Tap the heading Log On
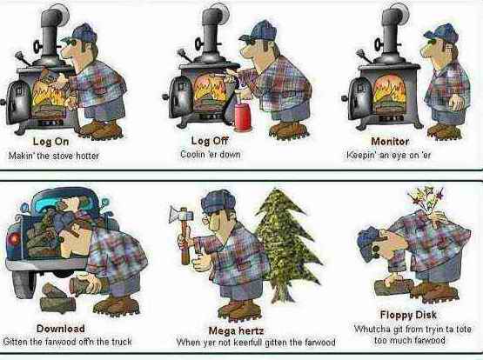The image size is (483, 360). (x=50, y=142)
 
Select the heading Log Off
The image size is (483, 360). (x=210, y=141)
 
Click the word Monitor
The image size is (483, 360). (x=390, y=141)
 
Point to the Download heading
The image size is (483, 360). (x=61, y=329)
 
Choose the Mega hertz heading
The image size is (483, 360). (x=236, y=330)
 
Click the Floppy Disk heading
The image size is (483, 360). (x=408, y=315)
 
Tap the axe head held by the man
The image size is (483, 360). (x=181, y=214)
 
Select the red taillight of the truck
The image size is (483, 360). (x=12, y=239)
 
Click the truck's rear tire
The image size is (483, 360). (x=23, y=283)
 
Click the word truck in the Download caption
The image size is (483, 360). (x=121, y=342)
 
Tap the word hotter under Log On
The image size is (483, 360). (x=87, y=156)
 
